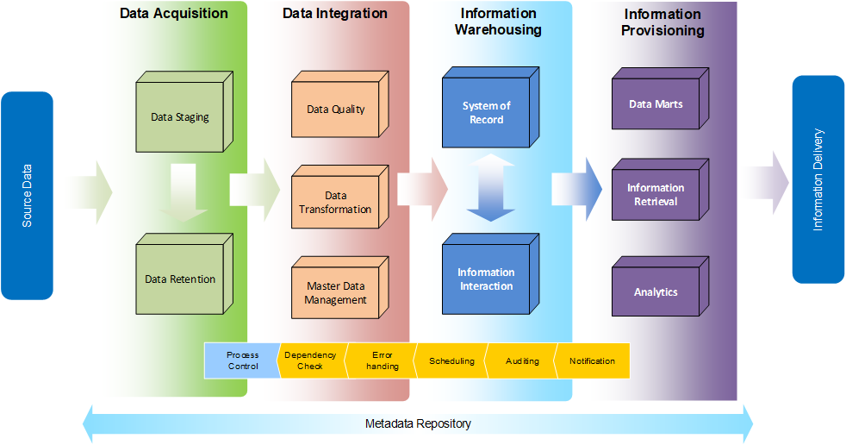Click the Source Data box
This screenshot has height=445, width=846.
click(27, 196)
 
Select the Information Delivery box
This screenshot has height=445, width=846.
click(818, 179)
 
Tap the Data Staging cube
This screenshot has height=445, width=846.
click(179, 117)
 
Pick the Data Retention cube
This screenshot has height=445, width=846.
click(179, 279)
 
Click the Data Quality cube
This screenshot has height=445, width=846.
click(336, 110)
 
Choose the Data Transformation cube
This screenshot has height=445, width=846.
click(335, 203)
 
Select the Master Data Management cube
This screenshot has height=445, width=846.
click(335, 293)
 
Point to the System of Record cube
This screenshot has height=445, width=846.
click(486, 113)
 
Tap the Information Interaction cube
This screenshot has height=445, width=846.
click(486, 279)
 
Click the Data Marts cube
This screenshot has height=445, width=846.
click(656, 104)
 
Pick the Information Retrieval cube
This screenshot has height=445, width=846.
click(656, 195)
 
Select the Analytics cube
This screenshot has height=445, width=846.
click(656, 292)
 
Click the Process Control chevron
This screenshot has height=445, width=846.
click(242, 360)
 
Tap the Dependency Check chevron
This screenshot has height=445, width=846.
click(310, 360)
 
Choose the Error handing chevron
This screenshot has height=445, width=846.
click(382, 360)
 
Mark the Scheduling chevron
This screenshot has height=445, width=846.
click(451, 360)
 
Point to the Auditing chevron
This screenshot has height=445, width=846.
click(522, 360)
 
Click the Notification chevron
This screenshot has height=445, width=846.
click(593, 360)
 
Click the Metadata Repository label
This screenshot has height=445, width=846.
click(418, 423)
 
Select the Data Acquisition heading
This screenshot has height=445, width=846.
click(174, 14)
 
